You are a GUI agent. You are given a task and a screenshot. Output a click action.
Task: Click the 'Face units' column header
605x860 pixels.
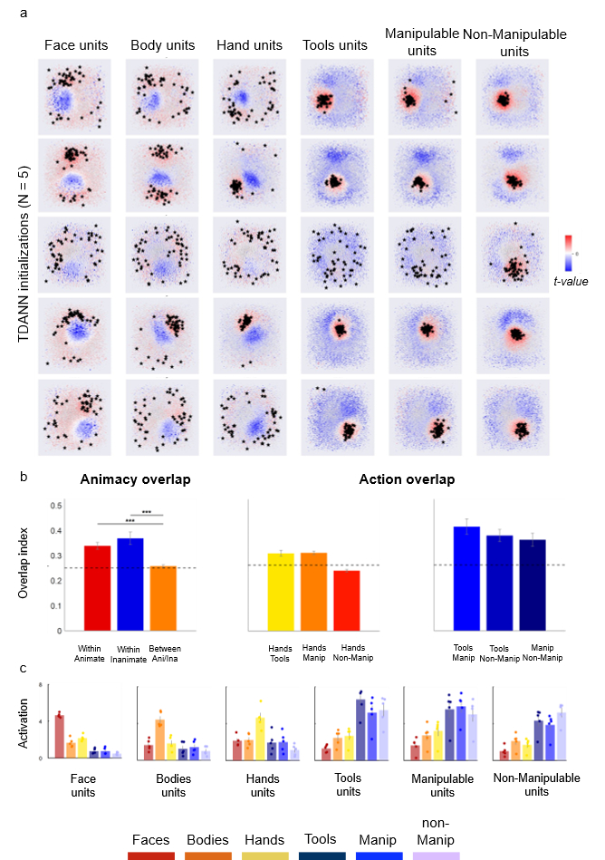pyautogui.click(x=76, y=44)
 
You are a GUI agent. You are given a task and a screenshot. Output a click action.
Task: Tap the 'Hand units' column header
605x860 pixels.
pyautogui.click(x=248, y=44)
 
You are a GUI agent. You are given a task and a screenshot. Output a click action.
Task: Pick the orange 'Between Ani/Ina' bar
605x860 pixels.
pyautogui.click(x=163, y=597)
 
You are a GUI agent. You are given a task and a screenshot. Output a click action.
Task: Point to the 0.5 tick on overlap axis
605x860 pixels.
pyautogui.click(x=55, y=505)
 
